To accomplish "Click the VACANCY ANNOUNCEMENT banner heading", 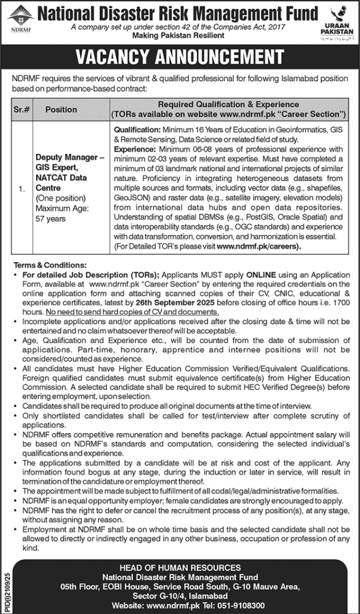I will click(x=179, y=57).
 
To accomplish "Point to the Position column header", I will click(x=61, y=110).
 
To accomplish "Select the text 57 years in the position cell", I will click(x=50, y=219).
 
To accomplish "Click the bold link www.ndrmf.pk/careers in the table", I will click(x=259, y=246).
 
